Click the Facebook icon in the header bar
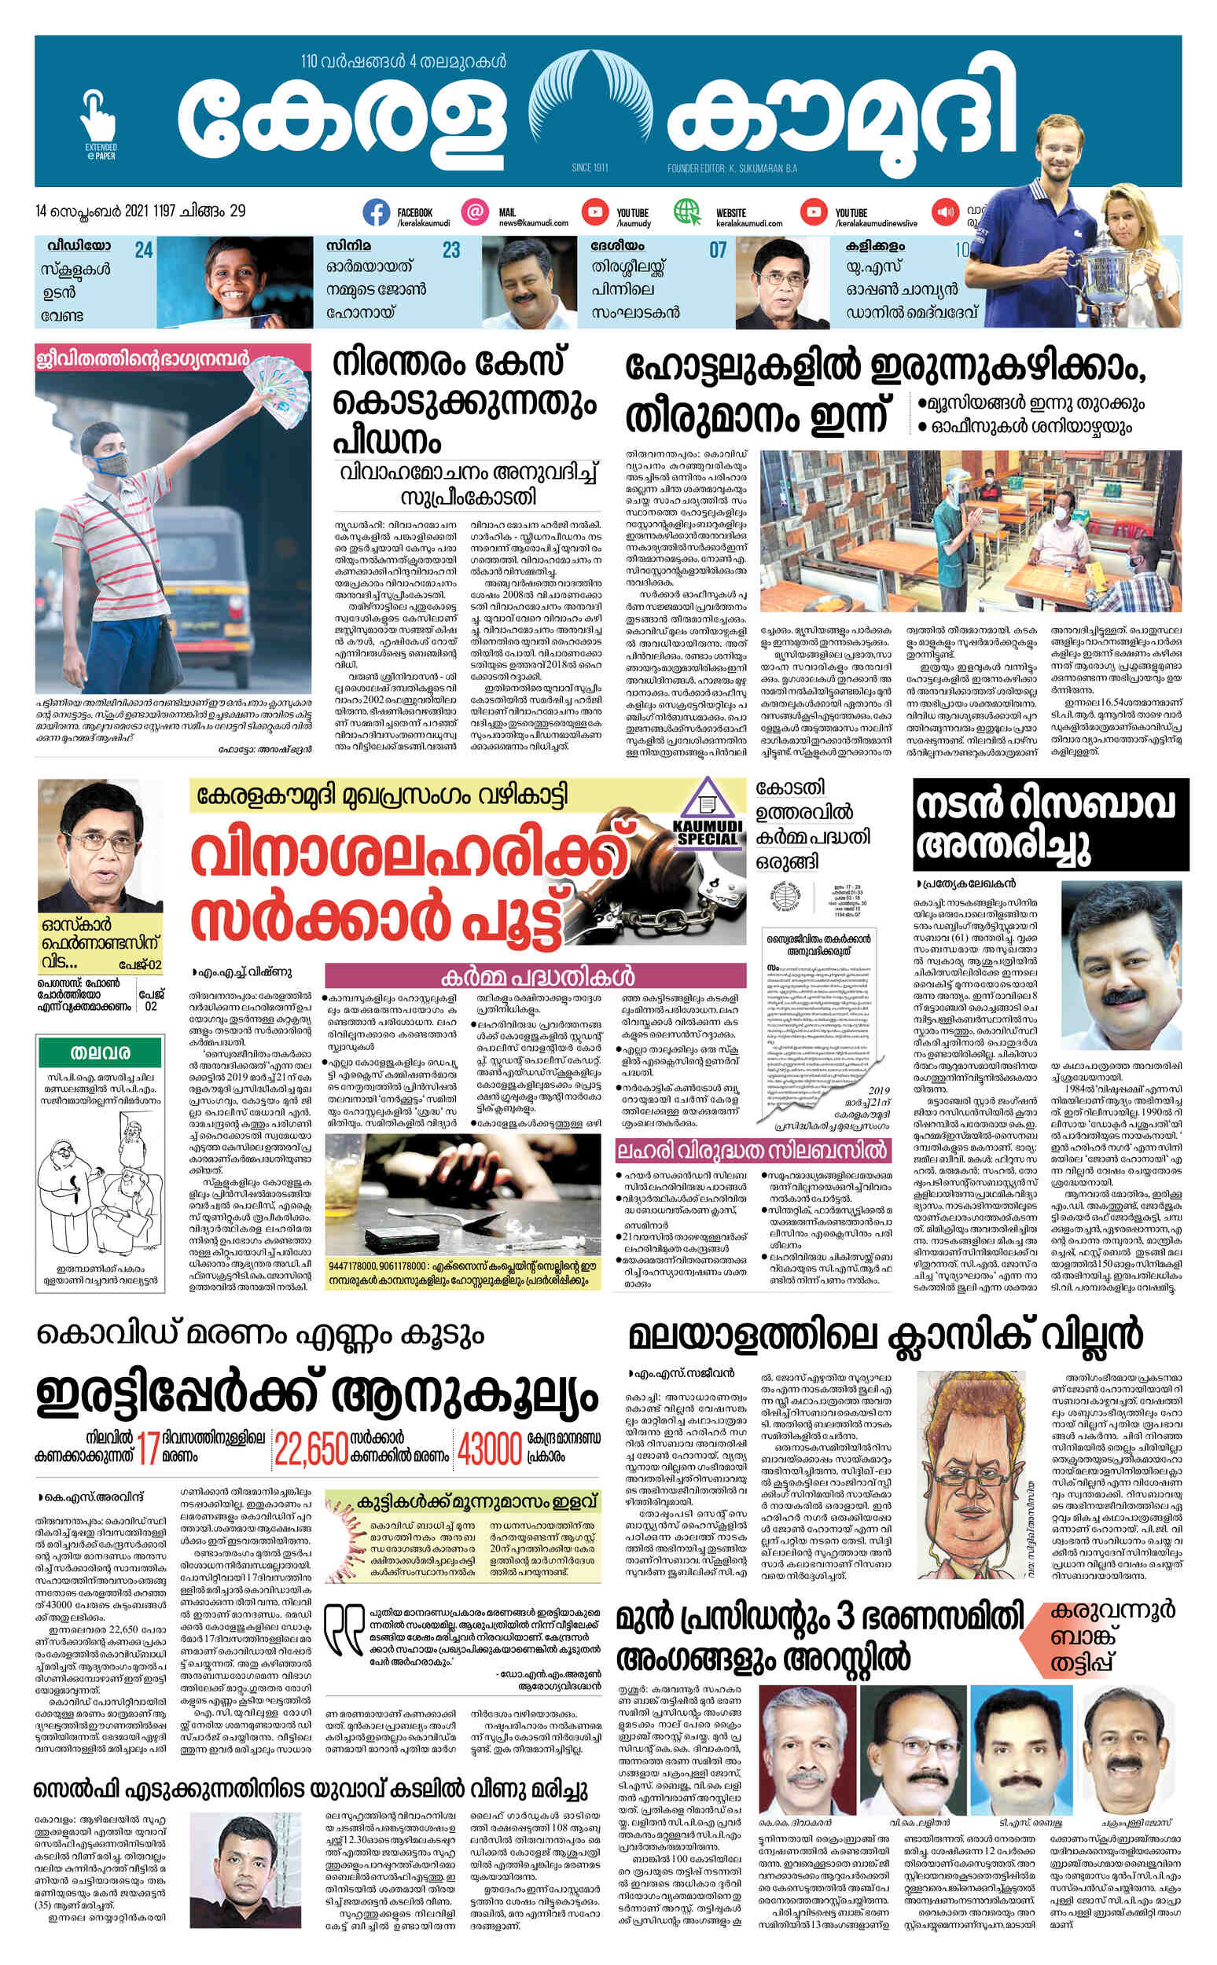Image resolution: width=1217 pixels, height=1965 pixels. tap(376, 212)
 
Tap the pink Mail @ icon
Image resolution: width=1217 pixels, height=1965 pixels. tap(476, 212)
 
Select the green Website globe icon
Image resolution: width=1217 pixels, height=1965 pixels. tap(686, 212)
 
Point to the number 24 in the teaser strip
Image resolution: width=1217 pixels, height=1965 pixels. tap(143, 250)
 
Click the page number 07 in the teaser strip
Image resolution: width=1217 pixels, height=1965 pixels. tap(717, 250)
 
